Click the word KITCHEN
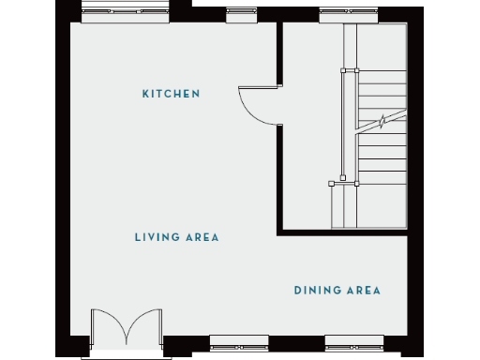[172, 94]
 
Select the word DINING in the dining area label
[316, 291]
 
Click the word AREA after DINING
[363, 291]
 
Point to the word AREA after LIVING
[200, 237]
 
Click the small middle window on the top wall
[241, 15]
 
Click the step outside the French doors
[125, 355]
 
